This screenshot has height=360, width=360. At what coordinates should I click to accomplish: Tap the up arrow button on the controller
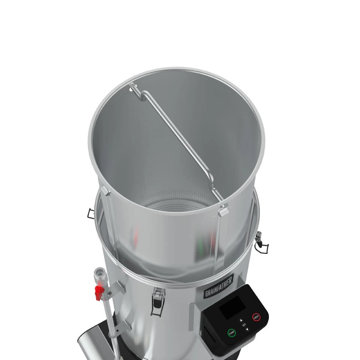click(241, 320)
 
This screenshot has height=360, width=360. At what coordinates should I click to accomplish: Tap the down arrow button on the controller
click(247, 329)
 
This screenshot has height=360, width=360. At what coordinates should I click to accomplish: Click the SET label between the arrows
click(244, 325)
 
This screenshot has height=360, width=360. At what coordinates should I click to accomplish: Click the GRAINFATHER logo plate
click(219, 285)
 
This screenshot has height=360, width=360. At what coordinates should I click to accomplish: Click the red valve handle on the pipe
click(99, 292)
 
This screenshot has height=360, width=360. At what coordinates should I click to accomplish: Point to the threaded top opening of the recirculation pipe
click(100, 272)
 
